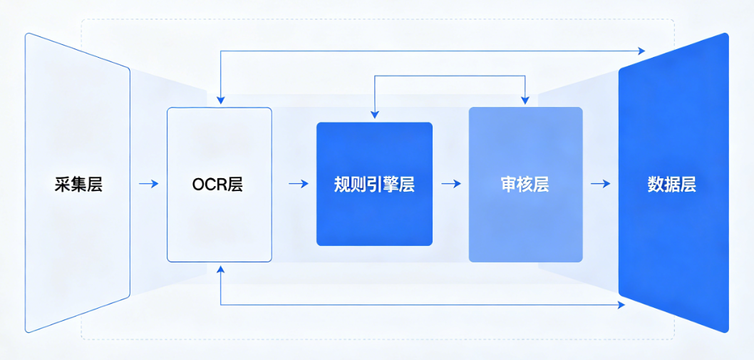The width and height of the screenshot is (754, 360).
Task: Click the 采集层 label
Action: tap(78, 184)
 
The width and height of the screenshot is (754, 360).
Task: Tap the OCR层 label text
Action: tap(217, 184)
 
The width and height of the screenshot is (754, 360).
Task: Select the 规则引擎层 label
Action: tap(374, 184)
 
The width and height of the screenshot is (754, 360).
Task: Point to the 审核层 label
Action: tap(525, 184)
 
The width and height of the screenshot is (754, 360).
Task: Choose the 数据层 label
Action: tap(671, 184)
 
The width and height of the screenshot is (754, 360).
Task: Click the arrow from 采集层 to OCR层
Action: tap(149, 184)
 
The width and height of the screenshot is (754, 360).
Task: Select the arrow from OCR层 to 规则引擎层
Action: tap(299, 184)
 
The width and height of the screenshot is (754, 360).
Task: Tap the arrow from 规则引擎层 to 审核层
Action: tap(451, 184)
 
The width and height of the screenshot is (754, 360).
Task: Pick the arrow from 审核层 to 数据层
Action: tap(601, 184)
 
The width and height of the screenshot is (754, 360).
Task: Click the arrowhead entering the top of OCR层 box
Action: tap(221, 101)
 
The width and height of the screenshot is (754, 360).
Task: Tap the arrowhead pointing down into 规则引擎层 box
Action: tap(374, 114)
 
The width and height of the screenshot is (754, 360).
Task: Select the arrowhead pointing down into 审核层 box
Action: tap(525, 100)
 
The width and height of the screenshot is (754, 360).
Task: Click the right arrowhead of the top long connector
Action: tap(641, 51)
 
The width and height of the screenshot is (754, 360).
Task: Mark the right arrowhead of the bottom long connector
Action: tap(621, 305)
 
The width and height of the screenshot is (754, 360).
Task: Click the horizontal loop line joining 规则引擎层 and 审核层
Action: tap(449, 76)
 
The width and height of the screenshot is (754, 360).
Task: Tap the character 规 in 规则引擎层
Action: tap(342, 184)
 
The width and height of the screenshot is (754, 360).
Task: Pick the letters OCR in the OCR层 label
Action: tap(209, 184)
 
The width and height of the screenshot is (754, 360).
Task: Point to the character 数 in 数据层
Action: tap(655, 184)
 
